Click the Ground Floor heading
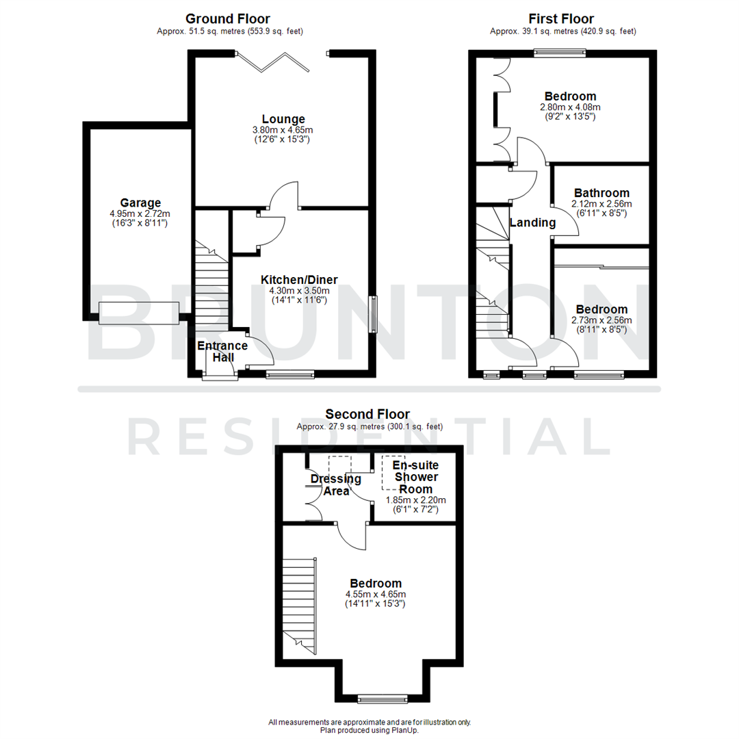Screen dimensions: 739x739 (x=228, y=19)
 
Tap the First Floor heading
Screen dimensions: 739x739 (x=561, y=19)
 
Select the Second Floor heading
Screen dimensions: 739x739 (x=367, y=414)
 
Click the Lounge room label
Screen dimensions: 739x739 (x=283, y=120)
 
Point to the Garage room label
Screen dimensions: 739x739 (x=140, y=203)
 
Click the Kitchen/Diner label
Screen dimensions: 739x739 (x=299, y=279)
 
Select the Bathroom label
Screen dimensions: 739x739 (x=601, y=193)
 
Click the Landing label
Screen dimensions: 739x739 (x=533, y=222)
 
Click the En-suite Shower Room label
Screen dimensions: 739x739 (x=411, y=478)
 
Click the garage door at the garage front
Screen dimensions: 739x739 (x=140, y=313)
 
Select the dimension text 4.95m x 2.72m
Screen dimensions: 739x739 (x=140, y=213)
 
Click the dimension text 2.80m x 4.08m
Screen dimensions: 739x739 (x=570, y=107)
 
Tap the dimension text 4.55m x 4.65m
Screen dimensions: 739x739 (x=376, y=594)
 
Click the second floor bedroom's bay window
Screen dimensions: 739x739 (x=377, y=699)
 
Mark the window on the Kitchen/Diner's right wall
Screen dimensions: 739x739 (x=373, y=313)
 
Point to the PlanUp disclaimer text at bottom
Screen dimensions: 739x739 (x=369, y=726)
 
